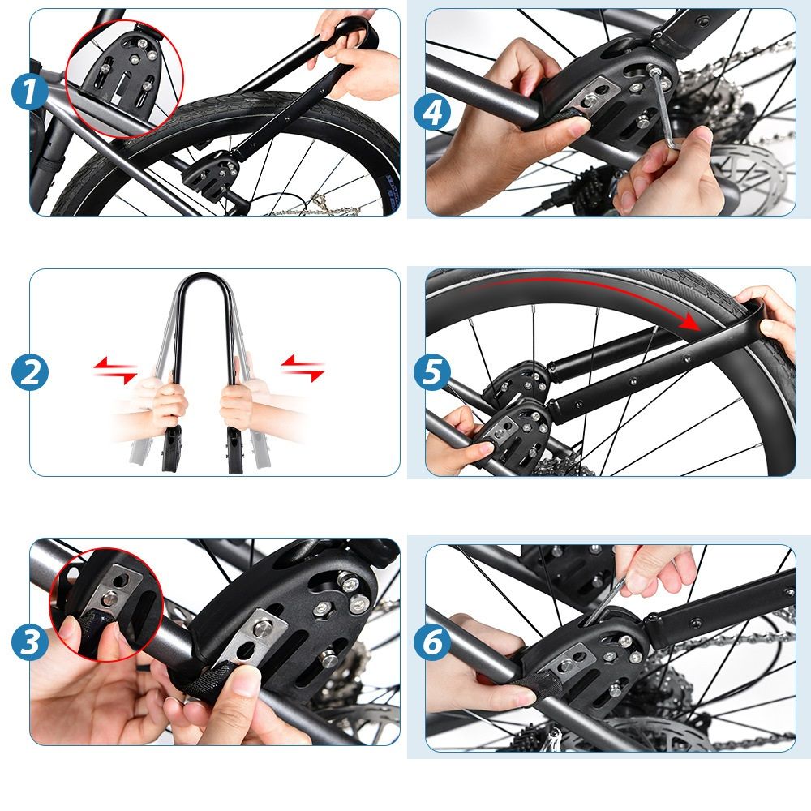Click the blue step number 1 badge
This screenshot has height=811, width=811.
(30, 92)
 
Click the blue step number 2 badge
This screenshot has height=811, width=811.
(30, 372)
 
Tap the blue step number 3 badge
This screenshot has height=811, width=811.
(30, 642)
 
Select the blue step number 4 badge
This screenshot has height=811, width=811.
(432, 114)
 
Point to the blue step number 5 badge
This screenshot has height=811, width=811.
(432, 372)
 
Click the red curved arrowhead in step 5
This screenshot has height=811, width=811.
(690, 322)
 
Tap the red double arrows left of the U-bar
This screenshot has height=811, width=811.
(115, 371)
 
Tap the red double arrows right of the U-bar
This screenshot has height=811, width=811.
(303, 367)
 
